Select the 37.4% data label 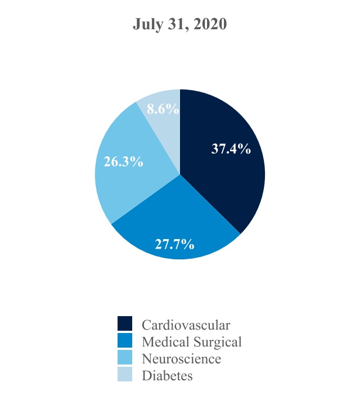pyautogui.click(x=231, y=149)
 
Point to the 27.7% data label pyautogui.click(x=175, y=244)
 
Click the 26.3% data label pyautogui.click(x=124, y=162)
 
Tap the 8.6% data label pyautogui.click(x=163, y=110)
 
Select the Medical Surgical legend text pyautogui.click(x=192, y=341)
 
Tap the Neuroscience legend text pyautogui.click(x=181, y=358)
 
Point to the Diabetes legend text pyautogui.click(x=167, y=375)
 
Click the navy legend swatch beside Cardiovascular pyautogui.click(x=125, y=324)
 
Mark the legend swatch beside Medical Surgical pyautogui.click(x=125, y=341)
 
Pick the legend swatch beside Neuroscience pyautogui.click(x=125, y=358)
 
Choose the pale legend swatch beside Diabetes pyautogui.click(x=125, y=375)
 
